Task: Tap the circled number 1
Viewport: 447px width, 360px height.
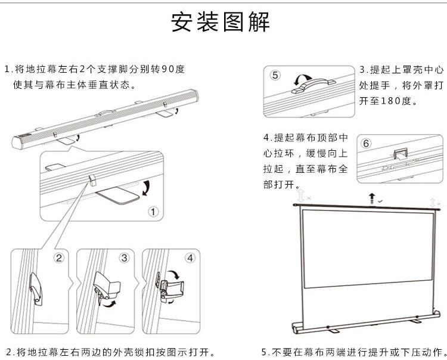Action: pos(153,212)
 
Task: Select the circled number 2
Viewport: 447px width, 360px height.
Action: pos(58,258)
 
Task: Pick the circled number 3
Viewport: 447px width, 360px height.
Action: pos(124,258)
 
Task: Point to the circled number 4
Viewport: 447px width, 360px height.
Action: pos(190,258)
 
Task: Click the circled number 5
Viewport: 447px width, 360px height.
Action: pos(275,75)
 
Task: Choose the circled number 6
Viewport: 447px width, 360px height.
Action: pos(367,144)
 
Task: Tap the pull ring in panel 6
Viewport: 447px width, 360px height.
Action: pos(401,153)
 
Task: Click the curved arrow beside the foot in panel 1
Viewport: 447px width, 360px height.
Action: pos(145,189)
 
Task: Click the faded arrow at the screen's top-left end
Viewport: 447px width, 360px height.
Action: pos(302,195)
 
